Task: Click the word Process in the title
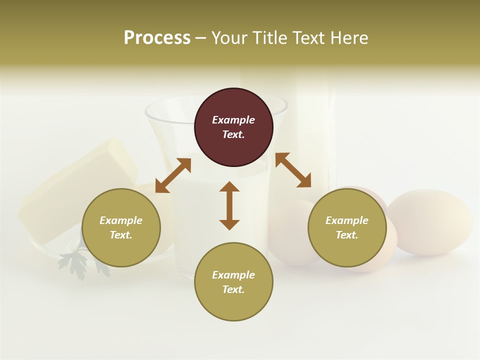pyautogui.click(x=157, y=37)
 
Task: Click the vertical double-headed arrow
pyautogui.click(x=229, y=205)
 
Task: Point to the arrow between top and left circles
pyautogui.click(x=173, y=175)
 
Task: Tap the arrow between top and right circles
pyautogui.click(x=293, y=170)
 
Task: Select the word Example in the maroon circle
pyautogui.click(x=233, y=120)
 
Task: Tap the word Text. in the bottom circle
pyautogui.click(x=233, y=289)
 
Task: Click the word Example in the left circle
pyautogui.click(x=121, y=220)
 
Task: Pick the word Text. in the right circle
pyautogui.click(x=347, y=235)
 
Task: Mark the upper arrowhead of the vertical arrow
pyautogui.click(x=229, y=187)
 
